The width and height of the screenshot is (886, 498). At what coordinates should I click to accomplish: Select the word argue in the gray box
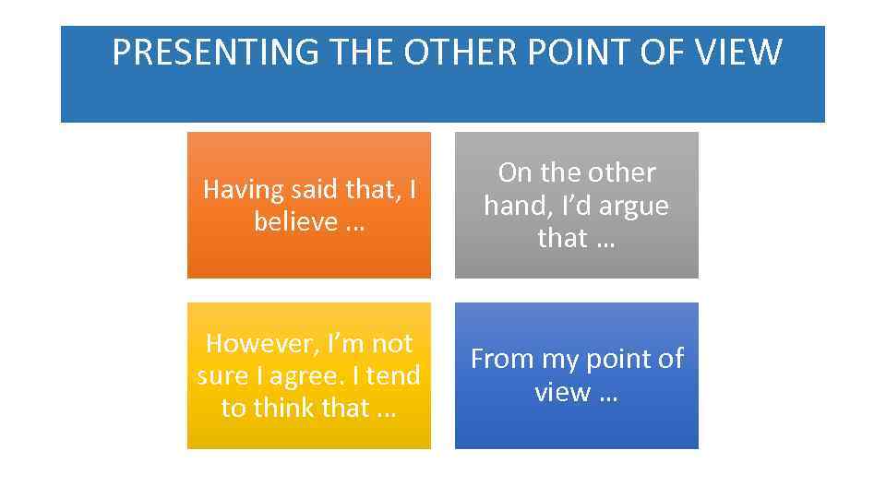point(635,206)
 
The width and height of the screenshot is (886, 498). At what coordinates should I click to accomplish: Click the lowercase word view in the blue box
point(562,392)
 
